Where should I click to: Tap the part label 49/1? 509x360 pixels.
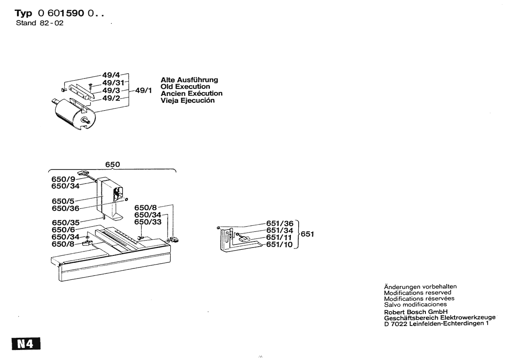(x=144, y=91)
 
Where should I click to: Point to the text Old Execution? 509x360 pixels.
(x=185, y=87)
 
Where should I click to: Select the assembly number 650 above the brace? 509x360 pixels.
(x=112, y=164)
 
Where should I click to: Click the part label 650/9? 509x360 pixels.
(x=64, y=179)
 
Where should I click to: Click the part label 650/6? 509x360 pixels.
(x=64, y=230)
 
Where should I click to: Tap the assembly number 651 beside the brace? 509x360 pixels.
(x=307, y=234)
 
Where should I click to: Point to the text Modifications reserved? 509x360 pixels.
(x=417, y=292)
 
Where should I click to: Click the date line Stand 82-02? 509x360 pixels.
(x=40, y=23)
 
